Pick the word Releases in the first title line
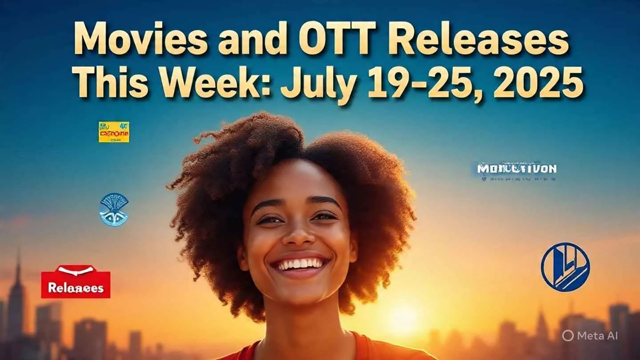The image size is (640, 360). click(x=480, y=41)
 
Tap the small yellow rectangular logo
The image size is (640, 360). click(x=114, y=132)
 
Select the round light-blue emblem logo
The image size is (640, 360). click(x=114, y=209)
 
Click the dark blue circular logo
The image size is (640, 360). click(x=565, y=267)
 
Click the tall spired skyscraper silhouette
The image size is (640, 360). click(x=17, y=293)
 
